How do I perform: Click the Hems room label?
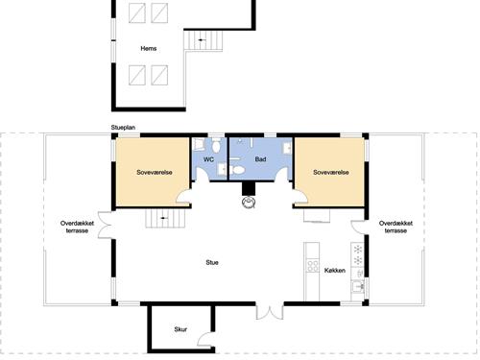(148, 48)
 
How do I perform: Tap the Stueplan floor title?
(124, 127)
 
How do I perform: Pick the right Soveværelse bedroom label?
(330, 173)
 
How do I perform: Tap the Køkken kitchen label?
(335, 271)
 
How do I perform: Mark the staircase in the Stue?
(162, 219)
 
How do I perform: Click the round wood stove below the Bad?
(250, 202)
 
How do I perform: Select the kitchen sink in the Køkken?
(359, 285)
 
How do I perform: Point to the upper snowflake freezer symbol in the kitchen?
(358, 250)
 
